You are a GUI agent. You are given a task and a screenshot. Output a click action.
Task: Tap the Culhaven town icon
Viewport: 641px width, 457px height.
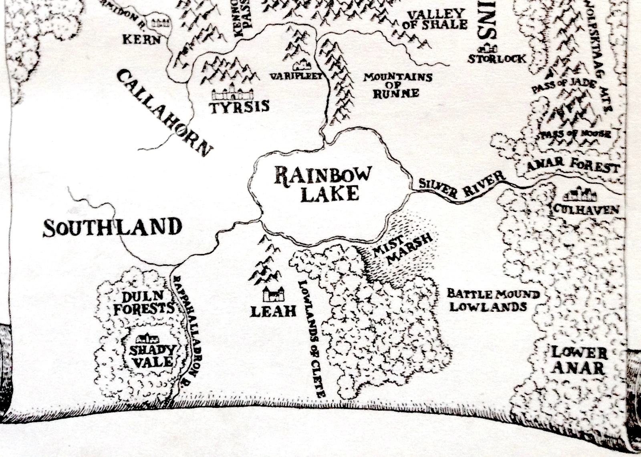580,196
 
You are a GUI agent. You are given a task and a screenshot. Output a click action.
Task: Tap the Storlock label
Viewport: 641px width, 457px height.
497,59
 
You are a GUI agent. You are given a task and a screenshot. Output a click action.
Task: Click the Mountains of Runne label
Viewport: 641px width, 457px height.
397,85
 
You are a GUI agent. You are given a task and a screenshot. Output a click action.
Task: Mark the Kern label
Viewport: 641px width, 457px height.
141,40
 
